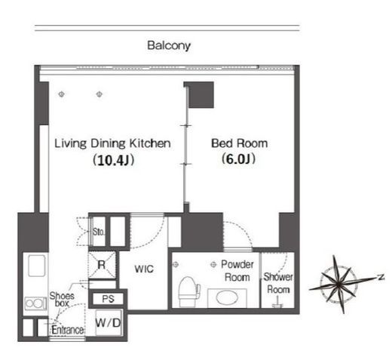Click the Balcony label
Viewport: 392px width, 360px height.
click(169, 46)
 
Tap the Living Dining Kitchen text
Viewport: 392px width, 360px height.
click(112, 143)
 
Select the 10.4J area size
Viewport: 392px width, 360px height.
click(114, 160)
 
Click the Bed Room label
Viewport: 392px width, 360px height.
click(239, 143)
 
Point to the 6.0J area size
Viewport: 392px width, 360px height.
click(238, 158)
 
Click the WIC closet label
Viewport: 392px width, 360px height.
click(144, 269)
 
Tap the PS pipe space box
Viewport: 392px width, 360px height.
click(108, 299)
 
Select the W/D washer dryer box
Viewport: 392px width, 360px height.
click(109, 323)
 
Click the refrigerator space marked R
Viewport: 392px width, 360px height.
click(102, 265)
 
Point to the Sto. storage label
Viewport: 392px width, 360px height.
click(98, 232)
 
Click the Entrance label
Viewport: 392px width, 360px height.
click(68, 330)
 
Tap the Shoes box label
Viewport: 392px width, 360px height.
click(62, 299)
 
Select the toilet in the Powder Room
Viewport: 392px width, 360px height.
click(189, 292)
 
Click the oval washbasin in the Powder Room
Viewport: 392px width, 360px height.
click(227, 298)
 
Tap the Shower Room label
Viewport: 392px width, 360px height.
click(278, 283)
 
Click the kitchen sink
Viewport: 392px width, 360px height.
click(37, 266)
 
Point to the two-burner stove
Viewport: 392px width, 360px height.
click(35, 303)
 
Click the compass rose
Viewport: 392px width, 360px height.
click(338, 285)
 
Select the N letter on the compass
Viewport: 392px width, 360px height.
click(381, 277)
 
